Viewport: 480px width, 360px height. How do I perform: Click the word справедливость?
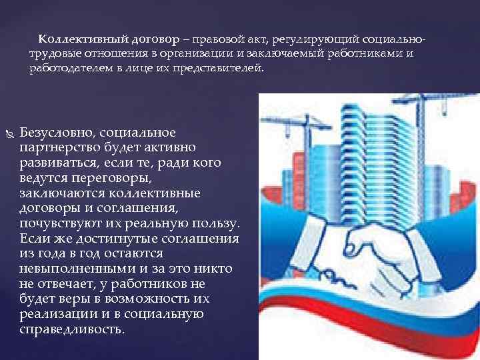pyautogui.click(x=72, y=329)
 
